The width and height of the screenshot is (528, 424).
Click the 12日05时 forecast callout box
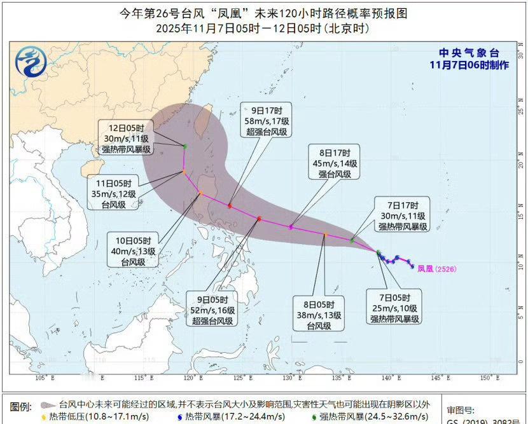point(126,137)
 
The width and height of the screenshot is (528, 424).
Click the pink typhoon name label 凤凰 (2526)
point(436,269)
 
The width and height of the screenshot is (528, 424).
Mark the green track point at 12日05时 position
point(184,147)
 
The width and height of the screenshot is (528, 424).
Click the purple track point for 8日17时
point(291,227)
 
